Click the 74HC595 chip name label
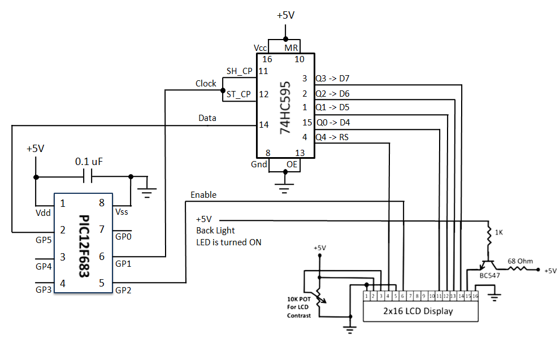tap(286, 107)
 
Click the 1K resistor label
tap(499, 232)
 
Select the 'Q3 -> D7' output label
tap(333, 78)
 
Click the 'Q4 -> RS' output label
tap(333, 136)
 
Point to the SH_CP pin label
tap(239, 71)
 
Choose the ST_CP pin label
tap(238, 94)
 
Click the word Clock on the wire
tap(206, 84)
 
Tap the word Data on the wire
tap(207, 118)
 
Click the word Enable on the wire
tap(203, 194)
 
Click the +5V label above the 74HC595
tap(285, 15)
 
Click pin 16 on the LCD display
tap(475, 296)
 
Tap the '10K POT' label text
tap(299, 300)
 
